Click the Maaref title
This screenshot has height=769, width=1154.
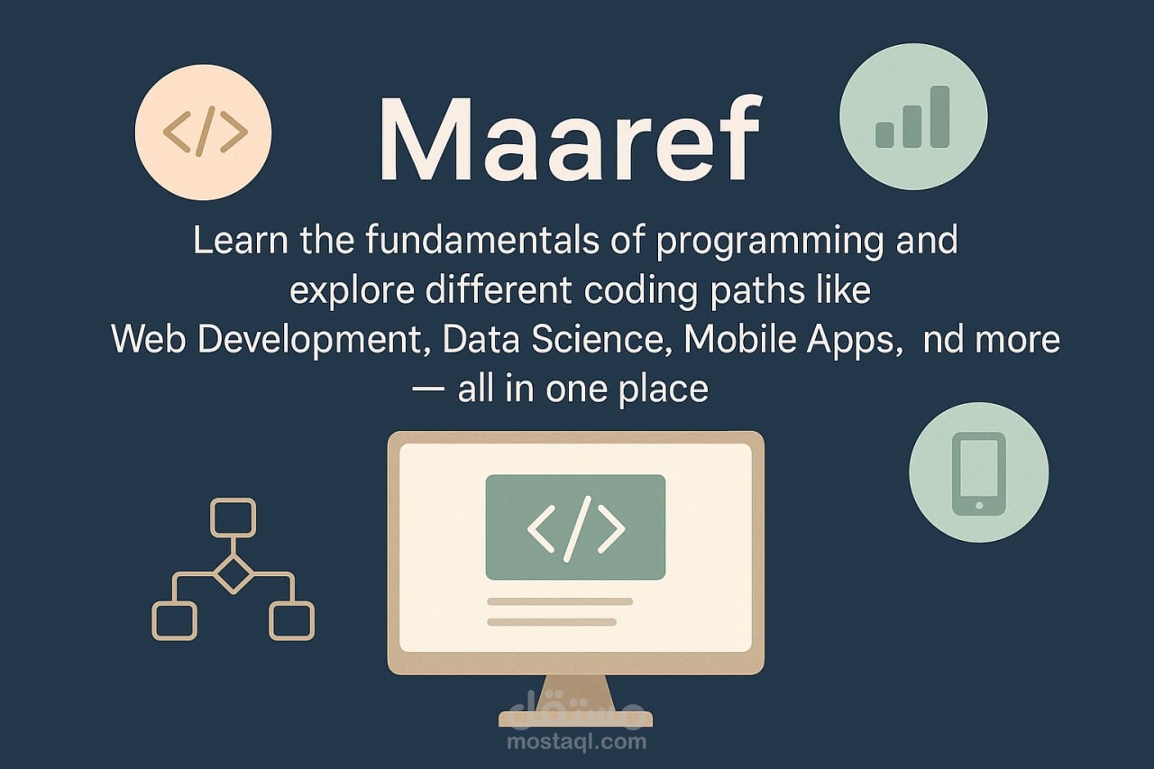[x=569, y=138]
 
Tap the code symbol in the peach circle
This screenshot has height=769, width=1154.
[x=205, y=133]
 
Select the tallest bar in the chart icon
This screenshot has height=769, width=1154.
[x=939, y=117]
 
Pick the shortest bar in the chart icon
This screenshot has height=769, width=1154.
[x=884, y=135]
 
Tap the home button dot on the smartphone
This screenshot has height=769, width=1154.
[x=979, y=506]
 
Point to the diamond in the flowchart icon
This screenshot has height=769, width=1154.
[x=234, y=572]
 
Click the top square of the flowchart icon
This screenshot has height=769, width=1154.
[x=233, y=517]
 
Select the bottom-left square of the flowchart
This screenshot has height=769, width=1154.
[x=175, y=620]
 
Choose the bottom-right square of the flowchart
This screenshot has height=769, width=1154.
[x=291, y=620]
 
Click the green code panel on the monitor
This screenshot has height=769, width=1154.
[x=575, y=526]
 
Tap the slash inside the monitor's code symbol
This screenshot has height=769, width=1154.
[x=576, y=528]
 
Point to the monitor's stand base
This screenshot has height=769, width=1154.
[x=575, y=719]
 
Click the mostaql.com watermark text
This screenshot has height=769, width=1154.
[x=576, y=742]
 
